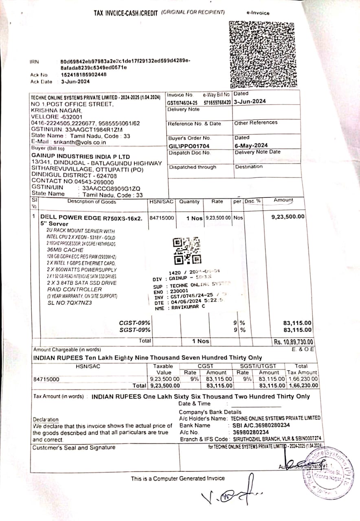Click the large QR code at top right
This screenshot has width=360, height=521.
click(x=262, y=54)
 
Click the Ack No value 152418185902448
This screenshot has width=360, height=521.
click(x=84, y=75)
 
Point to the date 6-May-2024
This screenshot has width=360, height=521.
click(x=251, y=145)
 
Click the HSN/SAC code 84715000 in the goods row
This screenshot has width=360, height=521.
click(x=162, y=218)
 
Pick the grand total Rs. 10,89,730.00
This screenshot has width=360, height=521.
click(x=293, y=342)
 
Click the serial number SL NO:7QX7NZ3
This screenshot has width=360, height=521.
click(x=70, y=302)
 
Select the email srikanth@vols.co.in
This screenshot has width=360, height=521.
click(x=80, y=142)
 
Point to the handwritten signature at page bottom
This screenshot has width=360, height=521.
click(x=231, y=496)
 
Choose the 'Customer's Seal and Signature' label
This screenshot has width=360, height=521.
click(x=74, y=448)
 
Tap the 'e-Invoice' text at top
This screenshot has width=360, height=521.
click(x=258, y=13)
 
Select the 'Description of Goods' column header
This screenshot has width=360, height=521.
click(x=92, y=201)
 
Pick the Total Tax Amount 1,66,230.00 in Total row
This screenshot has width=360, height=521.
click(x=303, y=385)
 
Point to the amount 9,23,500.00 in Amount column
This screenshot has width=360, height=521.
click(x=288, y=217)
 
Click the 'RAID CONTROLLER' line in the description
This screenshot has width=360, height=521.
click(x=74, y=289)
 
